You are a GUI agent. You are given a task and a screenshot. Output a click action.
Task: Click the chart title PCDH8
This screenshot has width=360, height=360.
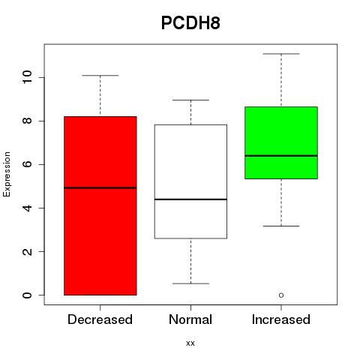pyautogui.click(x=190, y=23)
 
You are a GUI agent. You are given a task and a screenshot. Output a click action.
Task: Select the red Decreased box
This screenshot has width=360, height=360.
pyautogui.click(x=100, y=205)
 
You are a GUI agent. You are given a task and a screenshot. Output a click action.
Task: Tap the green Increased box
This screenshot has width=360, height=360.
pyautogui.click(x=281, y=142)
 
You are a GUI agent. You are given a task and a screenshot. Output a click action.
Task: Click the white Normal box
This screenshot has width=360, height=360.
pyautogui.click(x=190, y=181)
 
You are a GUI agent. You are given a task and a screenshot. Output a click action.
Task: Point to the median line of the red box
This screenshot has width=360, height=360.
pyautogui.click(x=100, y=187)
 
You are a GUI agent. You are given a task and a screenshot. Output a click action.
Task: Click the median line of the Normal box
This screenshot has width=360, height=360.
pyautogui.click(x=190, y=199)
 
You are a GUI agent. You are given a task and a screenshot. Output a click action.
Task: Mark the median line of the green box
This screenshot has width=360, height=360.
pyautogui.click(x=281, y=155)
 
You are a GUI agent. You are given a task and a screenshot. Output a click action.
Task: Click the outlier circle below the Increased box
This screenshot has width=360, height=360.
pyautogui.click(x=281, y=295)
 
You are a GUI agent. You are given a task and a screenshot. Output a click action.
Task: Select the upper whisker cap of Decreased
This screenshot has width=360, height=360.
pyautogui.click(x=100, y=75)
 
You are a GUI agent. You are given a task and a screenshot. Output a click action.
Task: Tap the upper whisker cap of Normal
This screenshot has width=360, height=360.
pyautogui.click(x=190, y=100)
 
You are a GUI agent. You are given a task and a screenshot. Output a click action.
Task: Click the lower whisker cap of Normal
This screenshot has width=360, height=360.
pyautogui.click(x=190, y=283)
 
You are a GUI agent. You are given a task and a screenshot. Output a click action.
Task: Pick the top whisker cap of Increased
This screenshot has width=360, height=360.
pyautogui.click(x=281, y=54)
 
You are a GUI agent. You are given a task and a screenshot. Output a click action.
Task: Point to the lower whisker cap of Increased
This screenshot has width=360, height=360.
pyautogui.click(x=281, y=226)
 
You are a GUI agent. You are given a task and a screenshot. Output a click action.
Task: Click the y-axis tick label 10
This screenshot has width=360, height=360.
pyautogui.click(x=27, y=77)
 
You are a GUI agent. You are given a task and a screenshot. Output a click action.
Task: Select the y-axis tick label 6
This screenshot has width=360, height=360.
pyautogui.click(x=27, y=164)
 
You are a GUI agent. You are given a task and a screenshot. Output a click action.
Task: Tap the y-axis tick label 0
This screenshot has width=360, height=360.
pyautogui.click(x=27, y=295)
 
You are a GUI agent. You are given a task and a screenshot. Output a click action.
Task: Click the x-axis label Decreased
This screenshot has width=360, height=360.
pyautogui.click(x=100, y=319)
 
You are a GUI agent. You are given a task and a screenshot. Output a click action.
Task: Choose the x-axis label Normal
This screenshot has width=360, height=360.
pyautogui.click(x=190, y=319)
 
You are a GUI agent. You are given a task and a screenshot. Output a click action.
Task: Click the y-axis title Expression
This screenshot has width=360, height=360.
pyautogui.click(x=7, y=174)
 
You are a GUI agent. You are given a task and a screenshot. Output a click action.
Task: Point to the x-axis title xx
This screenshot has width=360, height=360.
pyautogui.click(x=190, y=343)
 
